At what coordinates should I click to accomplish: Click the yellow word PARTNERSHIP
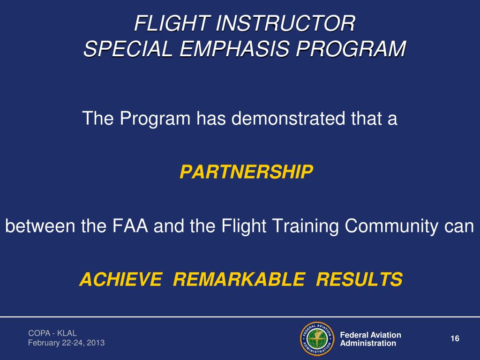coord(246,173)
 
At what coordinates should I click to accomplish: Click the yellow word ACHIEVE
coord(120,280)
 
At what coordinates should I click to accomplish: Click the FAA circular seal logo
coord(316,339)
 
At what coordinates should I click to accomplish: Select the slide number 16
coord(454,339)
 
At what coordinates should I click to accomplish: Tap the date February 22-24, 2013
coord(66,343)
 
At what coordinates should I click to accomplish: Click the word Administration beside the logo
coord(368,344)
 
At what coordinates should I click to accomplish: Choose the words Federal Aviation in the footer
coord(370,335)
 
